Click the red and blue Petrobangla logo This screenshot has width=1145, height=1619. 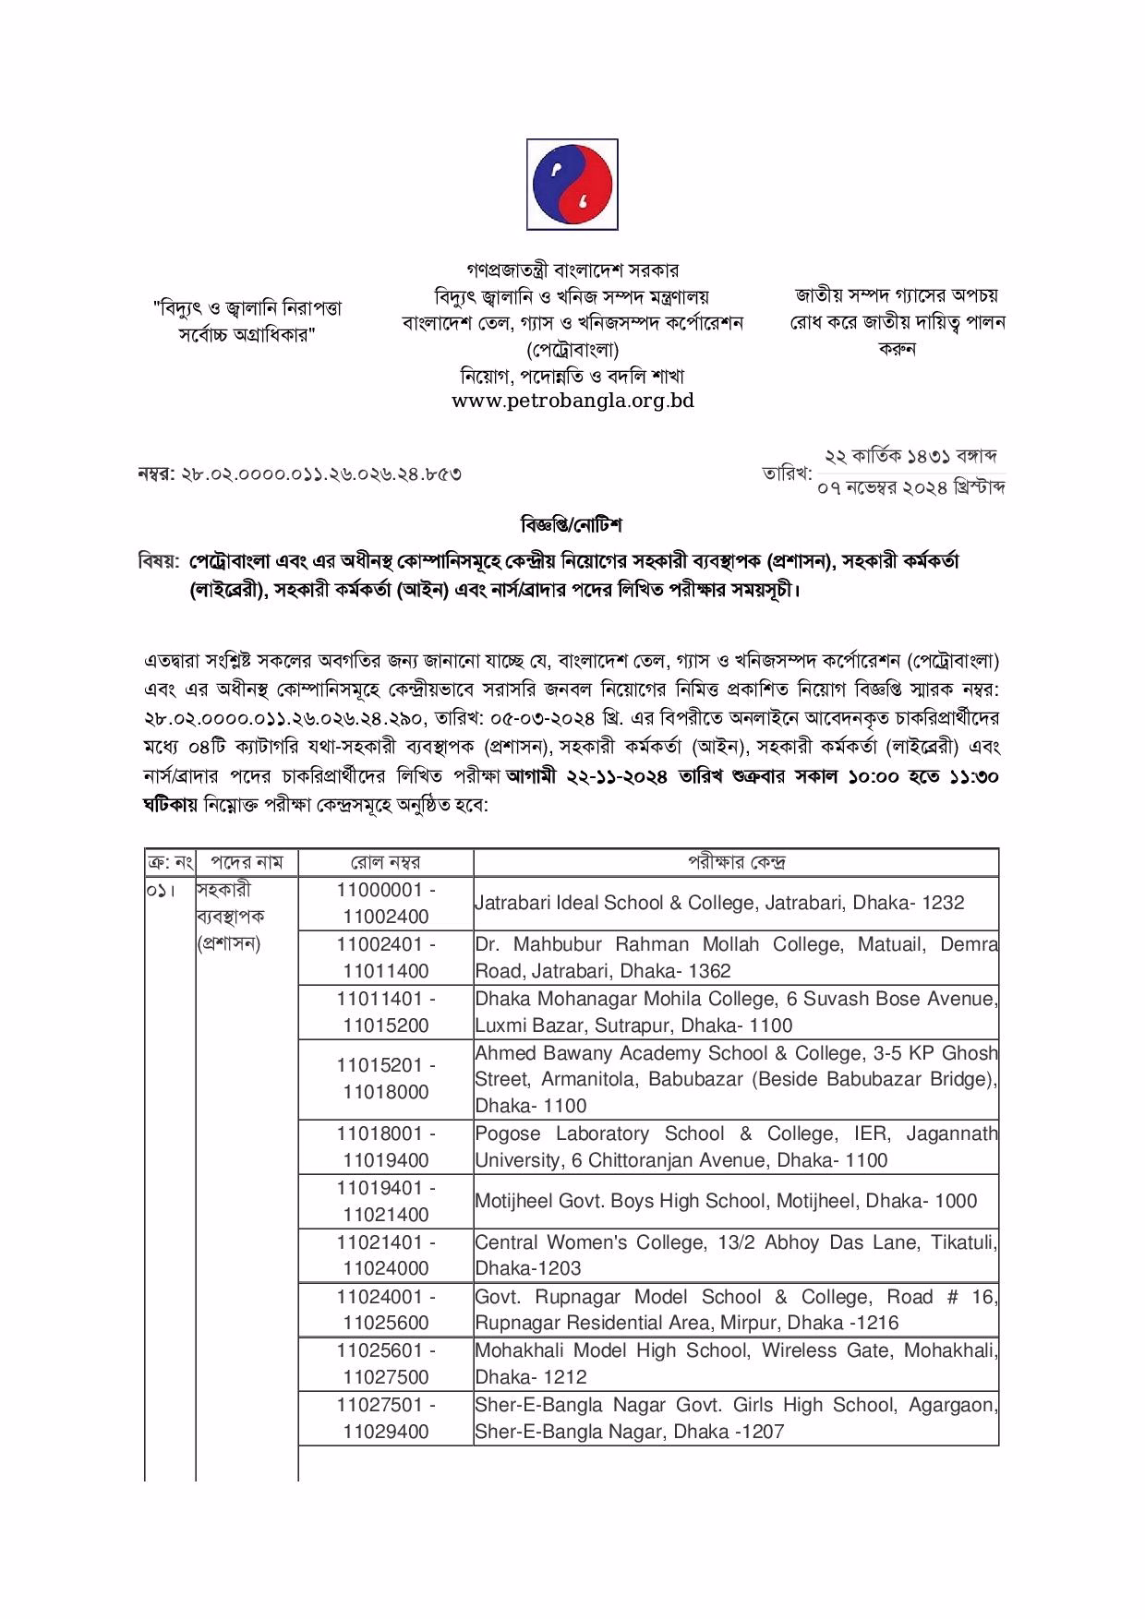(x=572, y=185)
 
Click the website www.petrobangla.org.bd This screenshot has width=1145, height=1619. (x=572, y=401)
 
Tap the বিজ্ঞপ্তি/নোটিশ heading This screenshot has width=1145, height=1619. (x=572, y=525)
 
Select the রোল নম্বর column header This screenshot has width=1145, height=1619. (x=385, y=862)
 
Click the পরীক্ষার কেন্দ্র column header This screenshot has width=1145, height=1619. (x=736, y=862)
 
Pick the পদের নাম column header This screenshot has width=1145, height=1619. (x=246, y=862)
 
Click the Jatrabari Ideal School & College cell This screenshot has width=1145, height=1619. (x=719, y=903)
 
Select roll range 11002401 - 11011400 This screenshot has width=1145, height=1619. (x=385, y=957)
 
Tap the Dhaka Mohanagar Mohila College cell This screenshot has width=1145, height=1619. (x=736, y=1012)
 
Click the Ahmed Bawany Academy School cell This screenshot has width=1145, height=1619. (x=736, y=1079)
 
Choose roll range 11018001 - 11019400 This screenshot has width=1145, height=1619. (x=385, y=1146)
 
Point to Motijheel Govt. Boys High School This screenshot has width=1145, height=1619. (x=725, y=1201)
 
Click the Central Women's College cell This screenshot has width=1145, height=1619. (x=736, y=1255)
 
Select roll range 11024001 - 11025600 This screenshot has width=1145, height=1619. (x=385, y=1310)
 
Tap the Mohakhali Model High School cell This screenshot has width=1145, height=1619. (x=736, y=1363)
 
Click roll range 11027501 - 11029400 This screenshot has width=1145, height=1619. (x=385, y=1418)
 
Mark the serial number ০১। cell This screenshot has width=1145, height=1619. (x=159, y=892)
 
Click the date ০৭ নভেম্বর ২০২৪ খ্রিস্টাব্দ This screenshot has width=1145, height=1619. (x=910, y=488)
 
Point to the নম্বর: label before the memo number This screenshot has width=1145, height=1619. (x=156, y=474)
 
